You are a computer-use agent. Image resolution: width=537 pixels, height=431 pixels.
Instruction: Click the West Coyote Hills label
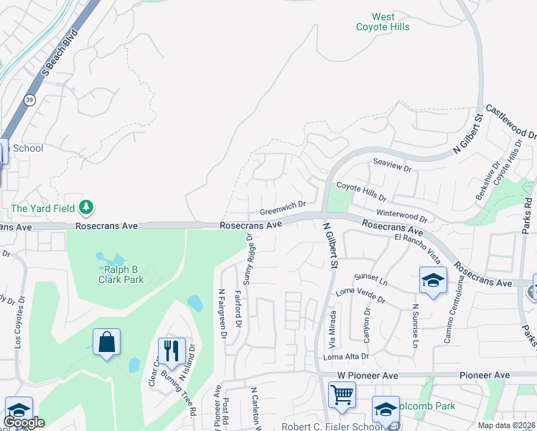click(x=383, y=22)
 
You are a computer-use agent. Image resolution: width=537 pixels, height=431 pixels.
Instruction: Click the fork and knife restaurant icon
click(x=171, y=351)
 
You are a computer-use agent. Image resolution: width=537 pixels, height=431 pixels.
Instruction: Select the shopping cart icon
click(x=342, y=394)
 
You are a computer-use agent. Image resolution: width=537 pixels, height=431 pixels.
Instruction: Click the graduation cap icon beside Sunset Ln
click(x=433, y=281)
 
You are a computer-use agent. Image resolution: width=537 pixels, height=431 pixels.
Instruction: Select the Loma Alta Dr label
click(x=346, y=356)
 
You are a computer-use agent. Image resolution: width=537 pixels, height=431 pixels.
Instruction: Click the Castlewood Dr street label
click(x=510, y=121)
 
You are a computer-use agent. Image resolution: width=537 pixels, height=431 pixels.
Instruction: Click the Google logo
click(x=23, y=423)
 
